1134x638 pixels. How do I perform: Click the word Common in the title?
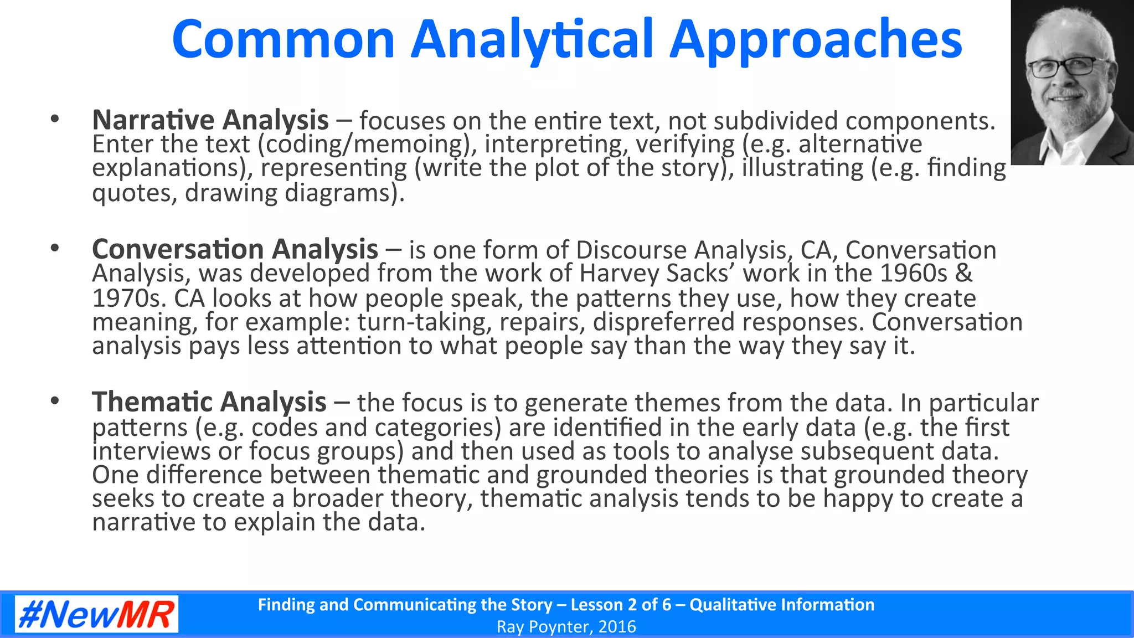[283, 40]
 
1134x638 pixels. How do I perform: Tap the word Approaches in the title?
[816, 40]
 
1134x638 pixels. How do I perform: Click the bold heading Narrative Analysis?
[210, 120]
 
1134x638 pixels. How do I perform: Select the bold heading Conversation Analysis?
[235, 249]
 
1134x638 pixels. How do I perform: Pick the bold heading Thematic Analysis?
[209, 402]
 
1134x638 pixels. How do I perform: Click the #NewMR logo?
[96, 614]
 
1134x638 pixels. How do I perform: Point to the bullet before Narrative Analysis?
[54, 119]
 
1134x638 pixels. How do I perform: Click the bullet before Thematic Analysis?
[54, 400]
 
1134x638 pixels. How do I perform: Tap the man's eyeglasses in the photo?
[1061, 68]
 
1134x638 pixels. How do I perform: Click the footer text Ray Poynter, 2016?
[566, 627]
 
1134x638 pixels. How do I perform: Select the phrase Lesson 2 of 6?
[621, 605]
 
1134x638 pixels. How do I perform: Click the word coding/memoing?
[363, 145]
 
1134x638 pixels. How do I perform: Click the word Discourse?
[631, 250]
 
